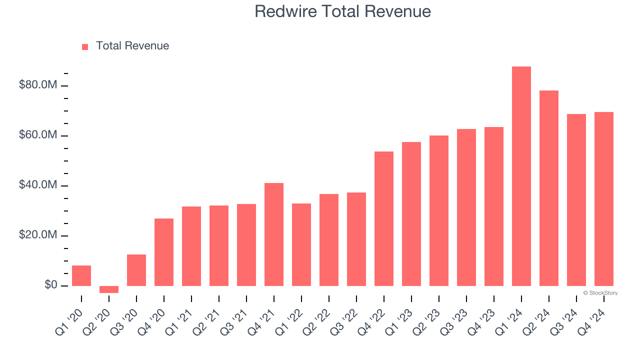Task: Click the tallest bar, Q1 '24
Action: coord(521,176)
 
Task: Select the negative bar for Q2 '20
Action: coord(109,289)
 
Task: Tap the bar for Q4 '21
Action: coord(274,234)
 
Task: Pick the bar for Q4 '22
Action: coord(384,218)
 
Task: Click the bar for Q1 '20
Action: coord(81,275)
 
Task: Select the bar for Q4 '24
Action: coord(603,199)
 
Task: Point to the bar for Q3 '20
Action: coord(136,270)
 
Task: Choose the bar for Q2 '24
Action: coord(548,188)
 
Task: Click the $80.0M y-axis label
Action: coord(38,85)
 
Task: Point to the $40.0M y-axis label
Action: coord(38,185)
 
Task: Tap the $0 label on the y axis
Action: coord(51,285)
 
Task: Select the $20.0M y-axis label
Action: coord(38,235)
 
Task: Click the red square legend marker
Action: coord(85,46)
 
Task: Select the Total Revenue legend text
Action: coord(132,46)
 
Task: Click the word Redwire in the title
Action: coord(282,11)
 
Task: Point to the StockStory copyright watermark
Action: coord(600,293)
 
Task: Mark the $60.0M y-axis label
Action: coord(38,135)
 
